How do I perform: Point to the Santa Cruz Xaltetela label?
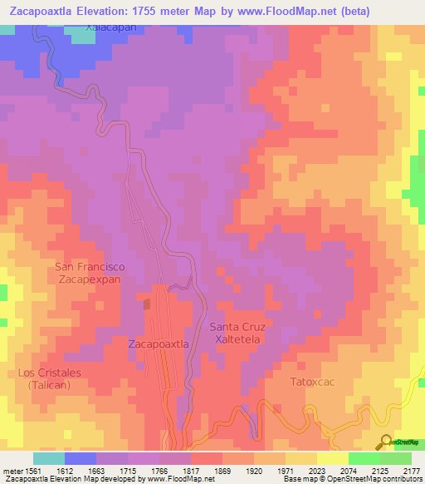[237, 333]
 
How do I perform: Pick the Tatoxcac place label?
[312, 383]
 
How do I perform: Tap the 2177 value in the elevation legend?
[411, 470]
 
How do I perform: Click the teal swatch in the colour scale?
[48, 458]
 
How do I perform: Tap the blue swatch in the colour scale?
[80, 458]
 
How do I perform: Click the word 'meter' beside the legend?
[13, 470]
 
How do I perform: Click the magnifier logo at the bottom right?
[384, 441]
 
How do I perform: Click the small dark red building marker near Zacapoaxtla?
[147, 304]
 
